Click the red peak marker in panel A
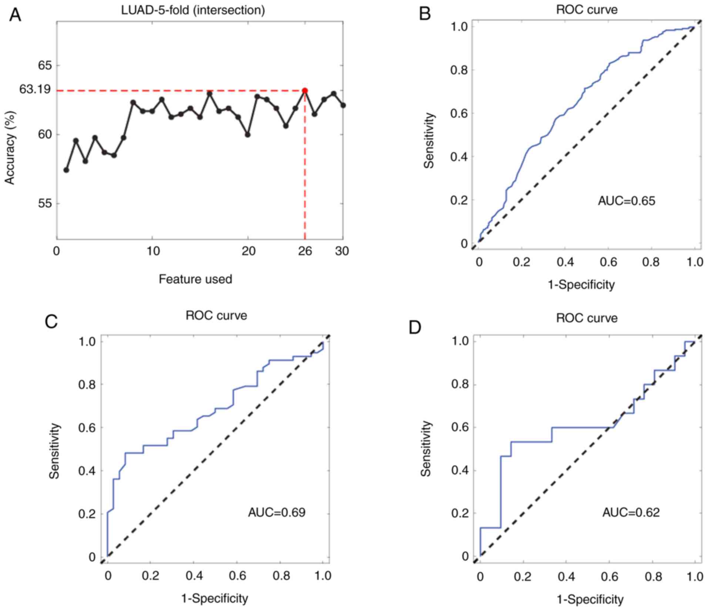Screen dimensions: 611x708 click(x=305, y=91)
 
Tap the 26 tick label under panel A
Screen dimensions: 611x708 click(x=305, y=252)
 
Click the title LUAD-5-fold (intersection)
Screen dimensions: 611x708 click(x=193, y=10)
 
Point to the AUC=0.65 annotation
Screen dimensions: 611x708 click(x=626, y=201)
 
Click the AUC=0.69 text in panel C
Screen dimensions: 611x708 click(x=276, y=513)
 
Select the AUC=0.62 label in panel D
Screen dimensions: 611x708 click(x=631, y=513)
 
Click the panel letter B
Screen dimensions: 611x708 click(x=425, y=14)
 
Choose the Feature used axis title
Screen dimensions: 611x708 click(x=195, y=279)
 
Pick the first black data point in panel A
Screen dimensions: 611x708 click(x=66, y=170)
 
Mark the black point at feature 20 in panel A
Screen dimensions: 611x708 click(x=248, y=135)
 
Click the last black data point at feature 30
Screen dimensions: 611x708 click(x=343, y=105)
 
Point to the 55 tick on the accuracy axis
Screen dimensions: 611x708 click(x=45, y=204)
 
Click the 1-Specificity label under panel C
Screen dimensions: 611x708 click(x=215, y=598)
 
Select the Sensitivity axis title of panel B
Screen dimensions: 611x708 click(x=429, y=141)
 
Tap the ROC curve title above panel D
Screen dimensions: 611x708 click(x=587, y=318)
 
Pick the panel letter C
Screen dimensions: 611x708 click(x=51, y=322)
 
